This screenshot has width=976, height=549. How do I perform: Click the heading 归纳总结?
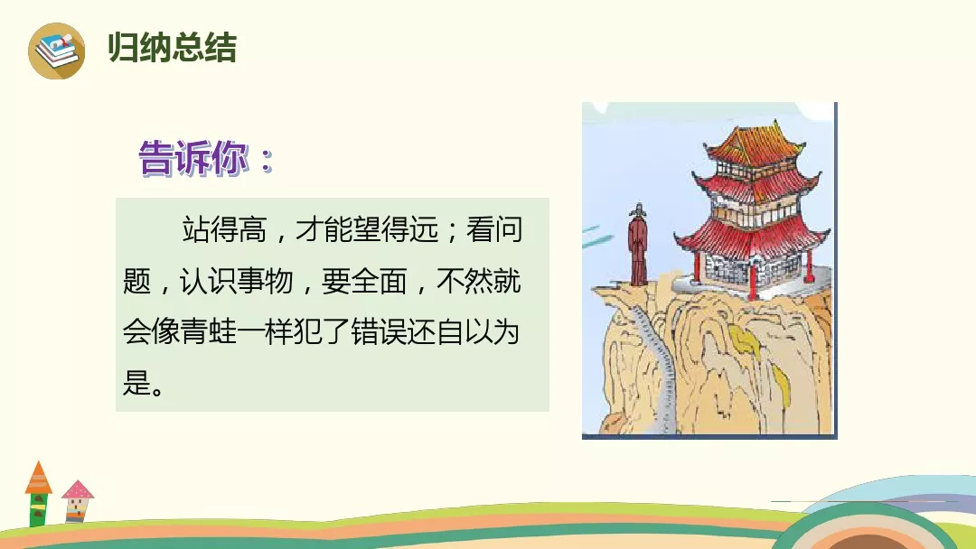[173, 48]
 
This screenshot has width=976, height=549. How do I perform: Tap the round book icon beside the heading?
[57, 51]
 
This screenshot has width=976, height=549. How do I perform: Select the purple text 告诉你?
[193, 158]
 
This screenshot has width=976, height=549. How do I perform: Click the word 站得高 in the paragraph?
[225, 229]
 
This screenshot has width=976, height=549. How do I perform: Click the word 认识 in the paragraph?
[208, 281]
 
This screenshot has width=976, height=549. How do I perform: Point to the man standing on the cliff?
[637, 245]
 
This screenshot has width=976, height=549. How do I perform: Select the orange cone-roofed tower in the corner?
[39, 494]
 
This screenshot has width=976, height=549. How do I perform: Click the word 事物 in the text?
[265, 281]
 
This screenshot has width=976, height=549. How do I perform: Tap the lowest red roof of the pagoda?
[752, 237]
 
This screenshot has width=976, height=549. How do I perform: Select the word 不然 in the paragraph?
[465, 281]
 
